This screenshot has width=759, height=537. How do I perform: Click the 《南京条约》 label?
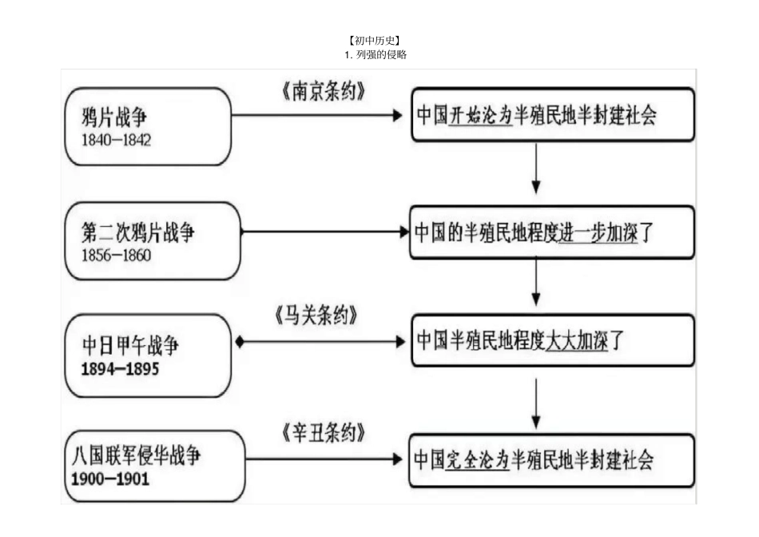coord(323,92)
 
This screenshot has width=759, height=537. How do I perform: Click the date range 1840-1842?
coord(117,139)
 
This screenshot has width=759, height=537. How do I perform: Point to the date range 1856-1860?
coord(116,256)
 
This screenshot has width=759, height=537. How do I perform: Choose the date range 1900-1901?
coord(110,479)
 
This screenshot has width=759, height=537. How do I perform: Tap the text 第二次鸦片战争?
coord(137,233)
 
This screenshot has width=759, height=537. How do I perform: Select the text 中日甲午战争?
coord(131,347)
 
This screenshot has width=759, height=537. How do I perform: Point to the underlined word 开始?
coord(464,115)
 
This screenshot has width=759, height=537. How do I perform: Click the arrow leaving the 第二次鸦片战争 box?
coord(324,232)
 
